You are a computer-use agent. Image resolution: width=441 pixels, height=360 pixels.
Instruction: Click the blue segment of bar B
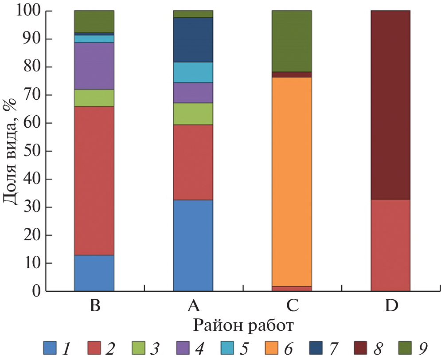click(x=94, y=273)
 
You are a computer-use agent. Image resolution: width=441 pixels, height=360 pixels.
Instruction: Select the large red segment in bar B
click(x=94, y=180)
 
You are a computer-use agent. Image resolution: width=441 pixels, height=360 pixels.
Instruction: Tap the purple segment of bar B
click(x=94, y=66)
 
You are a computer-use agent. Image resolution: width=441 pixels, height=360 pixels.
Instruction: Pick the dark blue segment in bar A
click(x=193, y=40)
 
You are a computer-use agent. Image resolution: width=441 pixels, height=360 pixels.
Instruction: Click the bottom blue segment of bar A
click(x=193, y=245)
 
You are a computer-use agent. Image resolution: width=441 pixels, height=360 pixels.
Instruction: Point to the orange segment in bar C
click(x=292, y=181)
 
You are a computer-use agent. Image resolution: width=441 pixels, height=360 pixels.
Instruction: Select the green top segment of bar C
click(x=292, y=41)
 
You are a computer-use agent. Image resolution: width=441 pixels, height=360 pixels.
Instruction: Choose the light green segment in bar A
click(x=193, y=113)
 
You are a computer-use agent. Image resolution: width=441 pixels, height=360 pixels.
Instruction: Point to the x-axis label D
click(x=390, y=306)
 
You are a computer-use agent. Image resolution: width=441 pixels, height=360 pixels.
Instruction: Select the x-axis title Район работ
click(x=243, y=326)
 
